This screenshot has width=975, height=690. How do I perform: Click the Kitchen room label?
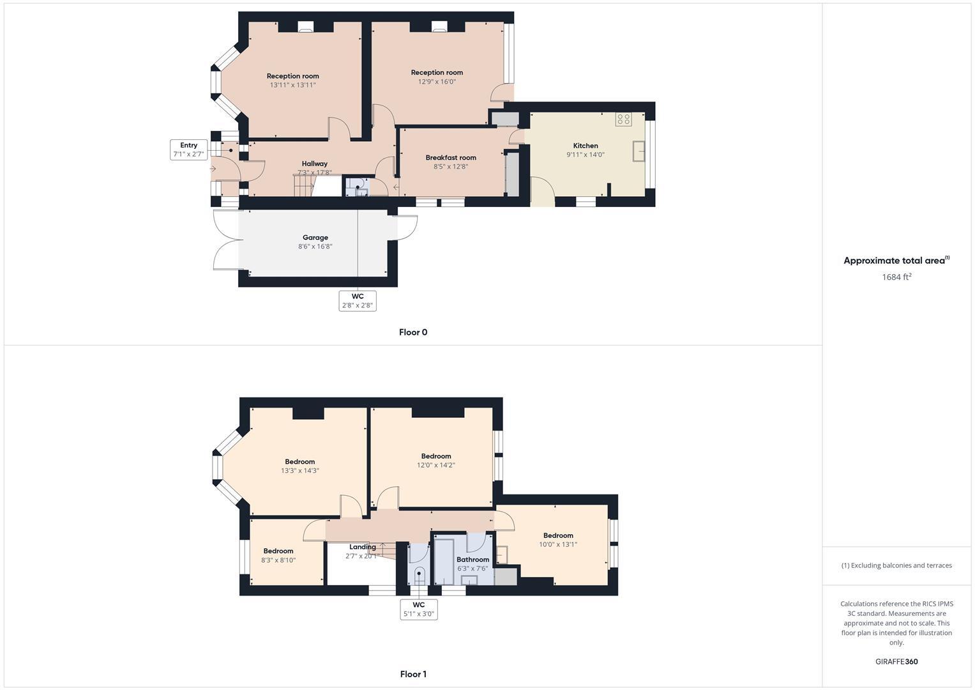point(585,146)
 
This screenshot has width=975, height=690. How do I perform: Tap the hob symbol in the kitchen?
point(623,119)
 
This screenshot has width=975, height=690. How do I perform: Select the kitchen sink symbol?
point(638,151)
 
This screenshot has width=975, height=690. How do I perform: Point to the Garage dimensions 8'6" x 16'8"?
point(315,247)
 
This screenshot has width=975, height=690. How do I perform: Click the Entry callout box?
point(188,149)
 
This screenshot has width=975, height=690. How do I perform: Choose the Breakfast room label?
point(451,158)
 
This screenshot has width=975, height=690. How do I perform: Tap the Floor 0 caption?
point(413,332)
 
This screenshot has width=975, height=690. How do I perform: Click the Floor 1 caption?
point(413,674)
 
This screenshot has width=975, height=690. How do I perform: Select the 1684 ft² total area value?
point(896,277)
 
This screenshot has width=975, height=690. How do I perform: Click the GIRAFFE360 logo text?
point(896,662)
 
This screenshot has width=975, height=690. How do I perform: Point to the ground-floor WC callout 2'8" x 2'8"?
point(358,301)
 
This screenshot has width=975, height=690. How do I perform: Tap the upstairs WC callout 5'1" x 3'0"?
point(418,609)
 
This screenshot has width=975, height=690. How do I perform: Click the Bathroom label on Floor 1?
point(472,560)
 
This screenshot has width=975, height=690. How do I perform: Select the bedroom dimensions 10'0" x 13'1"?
point(558,545)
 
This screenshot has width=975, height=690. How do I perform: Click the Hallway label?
point(315,164)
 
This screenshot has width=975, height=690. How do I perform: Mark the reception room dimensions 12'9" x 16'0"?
point(437,82)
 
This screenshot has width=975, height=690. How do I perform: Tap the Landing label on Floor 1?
point(362,547)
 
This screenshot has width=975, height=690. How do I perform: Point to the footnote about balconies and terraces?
point(896,565)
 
